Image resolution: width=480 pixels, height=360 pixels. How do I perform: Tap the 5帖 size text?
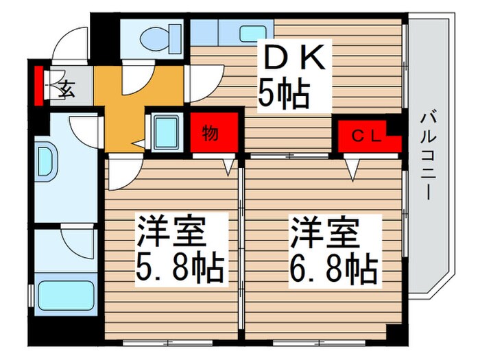283,95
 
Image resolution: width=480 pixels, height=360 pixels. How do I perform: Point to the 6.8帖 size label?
333,270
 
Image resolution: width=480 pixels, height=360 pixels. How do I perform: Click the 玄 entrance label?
67,87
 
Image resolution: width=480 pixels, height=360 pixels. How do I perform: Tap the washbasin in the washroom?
47,163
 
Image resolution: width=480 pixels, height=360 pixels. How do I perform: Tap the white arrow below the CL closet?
352,169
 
